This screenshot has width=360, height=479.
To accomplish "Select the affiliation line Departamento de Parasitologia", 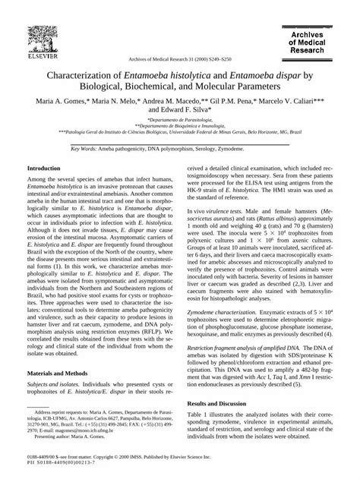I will pos(180,120).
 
